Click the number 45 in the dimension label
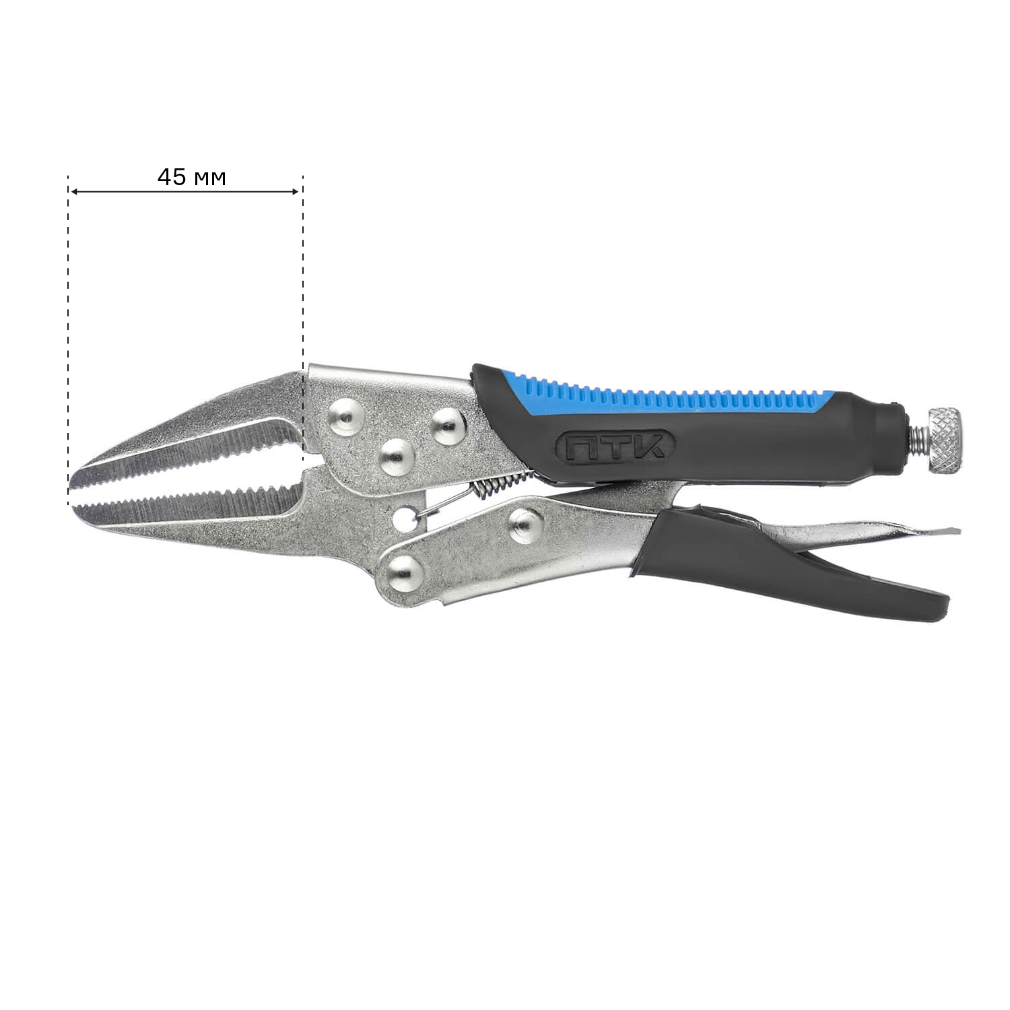(x=172, y=177)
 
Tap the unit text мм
(x=209, y=179)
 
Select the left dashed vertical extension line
(x=68, y=340)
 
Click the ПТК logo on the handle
(x=615, y=446)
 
